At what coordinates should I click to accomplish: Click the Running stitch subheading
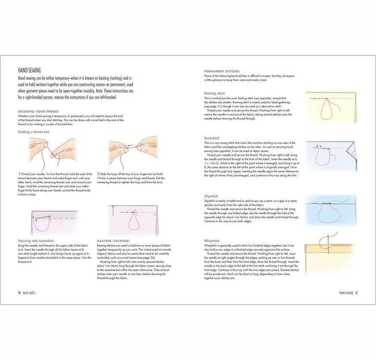click(x=214, y=94)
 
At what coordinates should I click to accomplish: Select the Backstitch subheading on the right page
click(x=211, y=138)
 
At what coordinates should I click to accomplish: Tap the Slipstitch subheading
click(x=211, y=196)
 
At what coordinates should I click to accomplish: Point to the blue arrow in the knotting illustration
click(x=130, y=148)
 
